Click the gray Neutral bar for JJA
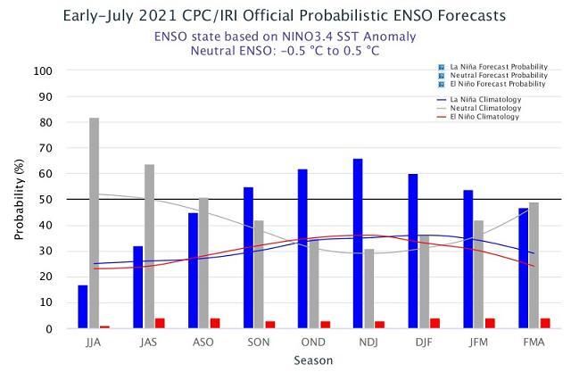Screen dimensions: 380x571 [x=94, y=223]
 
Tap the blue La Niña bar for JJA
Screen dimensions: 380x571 [x=83, y=307]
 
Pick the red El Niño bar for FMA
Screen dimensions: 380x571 [x=545, y=323]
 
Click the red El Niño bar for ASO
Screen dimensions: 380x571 [x=215, y=323]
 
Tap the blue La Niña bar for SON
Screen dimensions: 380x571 [x=248, y=258]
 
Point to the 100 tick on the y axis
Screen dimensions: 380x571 [x=43, y=70]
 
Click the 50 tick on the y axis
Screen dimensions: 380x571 [x=46, y=200]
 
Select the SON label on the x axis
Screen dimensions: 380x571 [x=259, y=343]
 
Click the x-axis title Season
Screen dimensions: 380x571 [x=313, y=360]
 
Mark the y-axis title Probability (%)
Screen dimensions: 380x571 [x=19, y=200]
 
